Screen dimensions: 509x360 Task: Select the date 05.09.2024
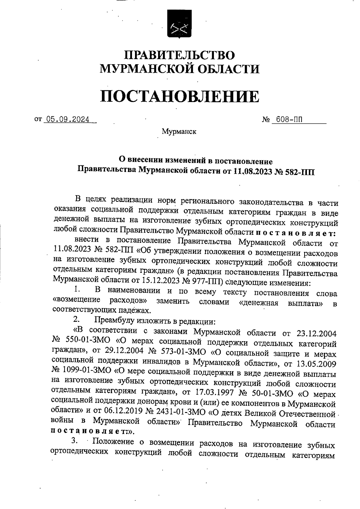66,120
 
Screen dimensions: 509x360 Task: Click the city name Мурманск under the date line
179,131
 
